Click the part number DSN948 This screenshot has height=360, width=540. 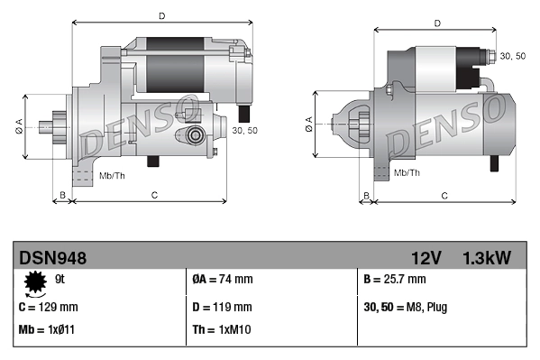53,258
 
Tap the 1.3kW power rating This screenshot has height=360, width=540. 487,258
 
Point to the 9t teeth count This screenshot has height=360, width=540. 60,280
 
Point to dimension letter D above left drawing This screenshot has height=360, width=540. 161,15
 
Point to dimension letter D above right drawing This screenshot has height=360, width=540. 437,23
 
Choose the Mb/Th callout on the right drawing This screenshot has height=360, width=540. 407,171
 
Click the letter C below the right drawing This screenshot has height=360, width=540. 445,195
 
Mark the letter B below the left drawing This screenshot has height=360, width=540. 62,195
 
